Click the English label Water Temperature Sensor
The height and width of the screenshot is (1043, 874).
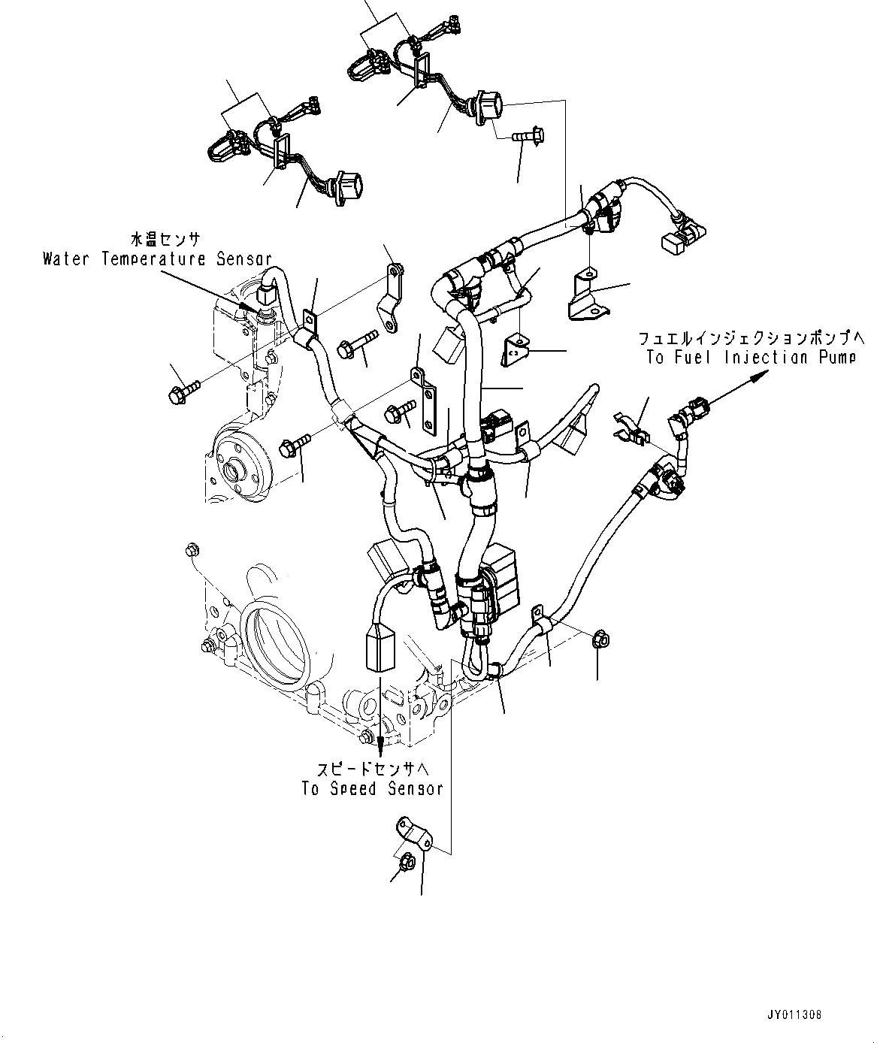(157, 259)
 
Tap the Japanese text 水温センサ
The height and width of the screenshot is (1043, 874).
(165, 240)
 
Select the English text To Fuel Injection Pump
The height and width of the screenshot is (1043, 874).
(750, 358)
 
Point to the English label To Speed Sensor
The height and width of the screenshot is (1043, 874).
(372, 788)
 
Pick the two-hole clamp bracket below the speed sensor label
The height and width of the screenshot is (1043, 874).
(413, 833)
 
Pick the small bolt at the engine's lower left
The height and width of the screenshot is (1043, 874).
(191, 552)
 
